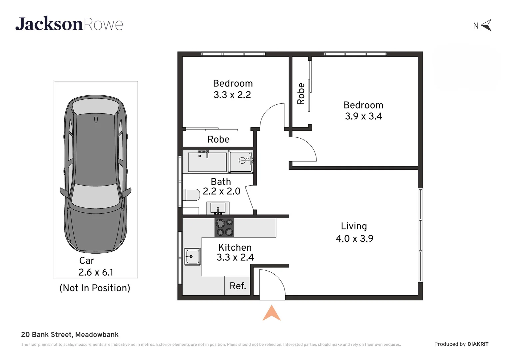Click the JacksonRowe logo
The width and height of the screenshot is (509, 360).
[69, 24]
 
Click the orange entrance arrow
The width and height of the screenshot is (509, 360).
[271, 313]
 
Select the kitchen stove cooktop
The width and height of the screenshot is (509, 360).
[224, 227]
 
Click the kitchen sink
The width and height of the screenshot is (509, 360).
[192, 256]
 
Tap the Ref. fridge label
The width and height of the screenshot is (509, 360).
[238, 286]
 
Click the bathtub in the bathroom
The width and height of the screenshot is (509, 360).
[207, 162]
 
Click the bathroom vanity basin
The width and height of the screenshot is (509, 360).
[218, 208]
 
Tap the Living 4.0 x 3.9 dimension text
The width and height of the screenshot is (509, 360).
[354, 239]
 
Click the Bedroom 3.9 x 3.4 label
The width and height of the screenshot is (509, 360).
[363, 111]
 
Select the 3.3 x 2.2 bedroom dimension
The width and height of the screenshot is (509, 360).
[232, 95]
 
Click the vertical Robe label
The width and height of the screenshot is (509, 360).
[301, 94]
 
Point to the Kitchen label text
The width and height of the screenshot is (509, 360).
[235, 247]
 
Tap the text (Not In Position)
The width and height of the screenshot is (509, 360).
[95, 288]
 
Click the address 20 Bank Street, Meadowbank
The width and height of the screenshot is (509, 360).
[70, 335]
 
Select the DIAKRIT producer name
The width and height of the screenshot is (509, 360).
[478, 344]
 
